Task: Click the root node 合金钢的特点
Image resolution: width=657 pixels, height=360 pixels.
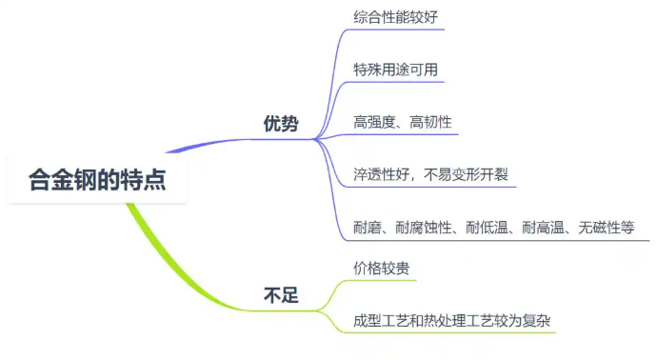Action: click(x=97, y=179)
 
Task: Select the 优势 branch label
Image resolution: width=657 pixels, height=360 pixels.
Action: click(x=281, y=125)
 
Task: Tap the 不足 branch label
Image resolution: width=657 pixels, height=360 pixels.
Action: click(x=281, y=295)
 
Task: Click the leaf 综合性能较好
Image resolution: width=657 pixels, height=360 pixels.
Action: click(x=394, y=16)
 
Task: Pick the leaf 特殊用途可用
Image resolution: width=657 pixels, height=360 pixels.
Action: click(x=394, y=70)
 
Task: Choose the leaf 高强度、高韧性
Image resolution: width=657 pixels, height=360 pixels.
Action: click(x=402, y=122)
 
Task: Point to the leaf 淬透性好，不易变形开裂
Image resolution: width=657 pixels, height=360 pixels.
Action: click(x=430, y=174)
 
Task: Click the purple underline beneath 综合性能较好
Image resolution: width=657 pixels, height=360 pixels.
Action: click(x=394, y=32)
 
